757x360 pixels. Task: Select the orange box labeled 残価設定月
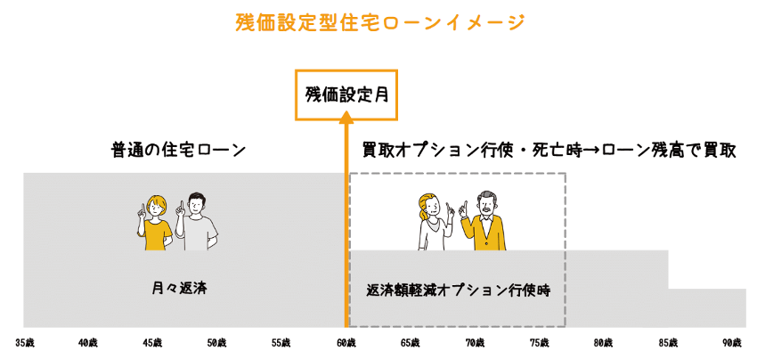coord(346,94)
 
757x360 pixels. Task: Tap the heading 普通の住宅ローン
coord(178,149)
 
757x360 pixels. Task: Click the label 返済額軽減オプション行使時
coord(458,290)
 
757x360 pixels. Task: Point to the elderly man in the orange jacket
coord(486,223)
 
